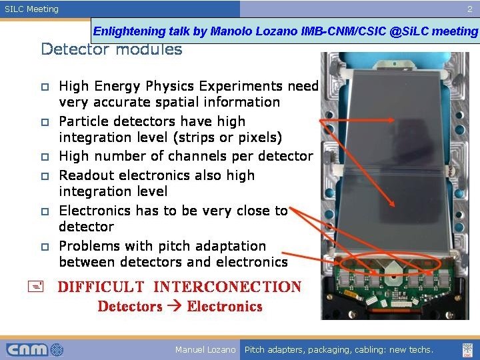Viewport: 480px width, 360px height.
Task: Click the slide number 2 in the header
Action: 469,9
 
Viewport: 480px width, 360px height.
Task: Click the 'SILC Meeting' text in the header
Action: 32,9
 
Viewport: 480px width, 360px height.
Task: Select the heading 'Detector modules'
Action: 111,49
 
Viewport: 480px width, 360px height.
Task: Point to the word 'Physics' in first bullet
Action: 177,86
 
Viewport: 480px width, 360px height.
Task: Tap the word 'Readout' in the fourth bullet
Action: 86,175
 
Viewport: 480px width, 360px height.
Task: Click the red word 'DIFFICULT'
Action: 101,287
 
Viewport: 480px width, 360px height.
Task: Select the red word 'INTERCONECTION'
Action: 227,287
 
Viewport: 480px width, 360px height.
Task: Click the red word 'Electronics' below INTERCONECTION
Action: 225,307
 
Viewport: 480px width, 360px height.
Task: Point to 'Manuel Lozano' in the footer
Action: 205,349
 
